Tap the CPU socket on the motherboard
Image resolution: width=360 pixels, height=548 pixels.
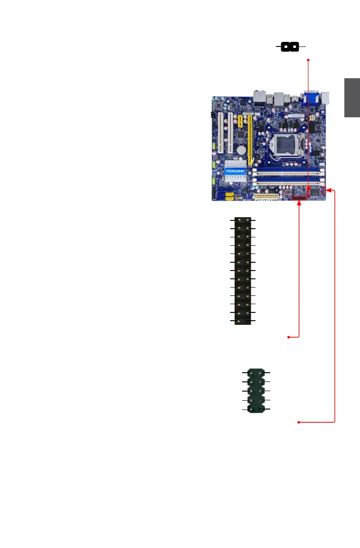coord(281,144)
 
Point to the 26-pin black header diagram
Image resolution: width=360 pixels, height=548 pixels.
coord(243,271)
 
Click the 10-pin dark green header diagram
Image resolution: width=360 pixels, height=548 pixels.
coord(256,391)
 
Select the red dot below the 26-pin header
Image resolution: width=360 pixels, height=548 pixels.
coord(289,338)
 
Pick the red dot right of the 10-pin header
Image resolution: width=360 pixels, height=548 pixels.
coord(300,422)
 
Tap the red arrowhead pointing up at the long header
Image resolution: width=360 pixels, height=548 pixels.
coord(300,204)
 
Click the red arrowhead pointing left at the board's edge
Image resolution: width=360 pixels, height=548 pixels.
coord(329,191)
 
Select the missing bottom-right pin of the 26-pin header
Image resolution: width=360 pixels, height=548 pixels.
coord(248,320)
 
